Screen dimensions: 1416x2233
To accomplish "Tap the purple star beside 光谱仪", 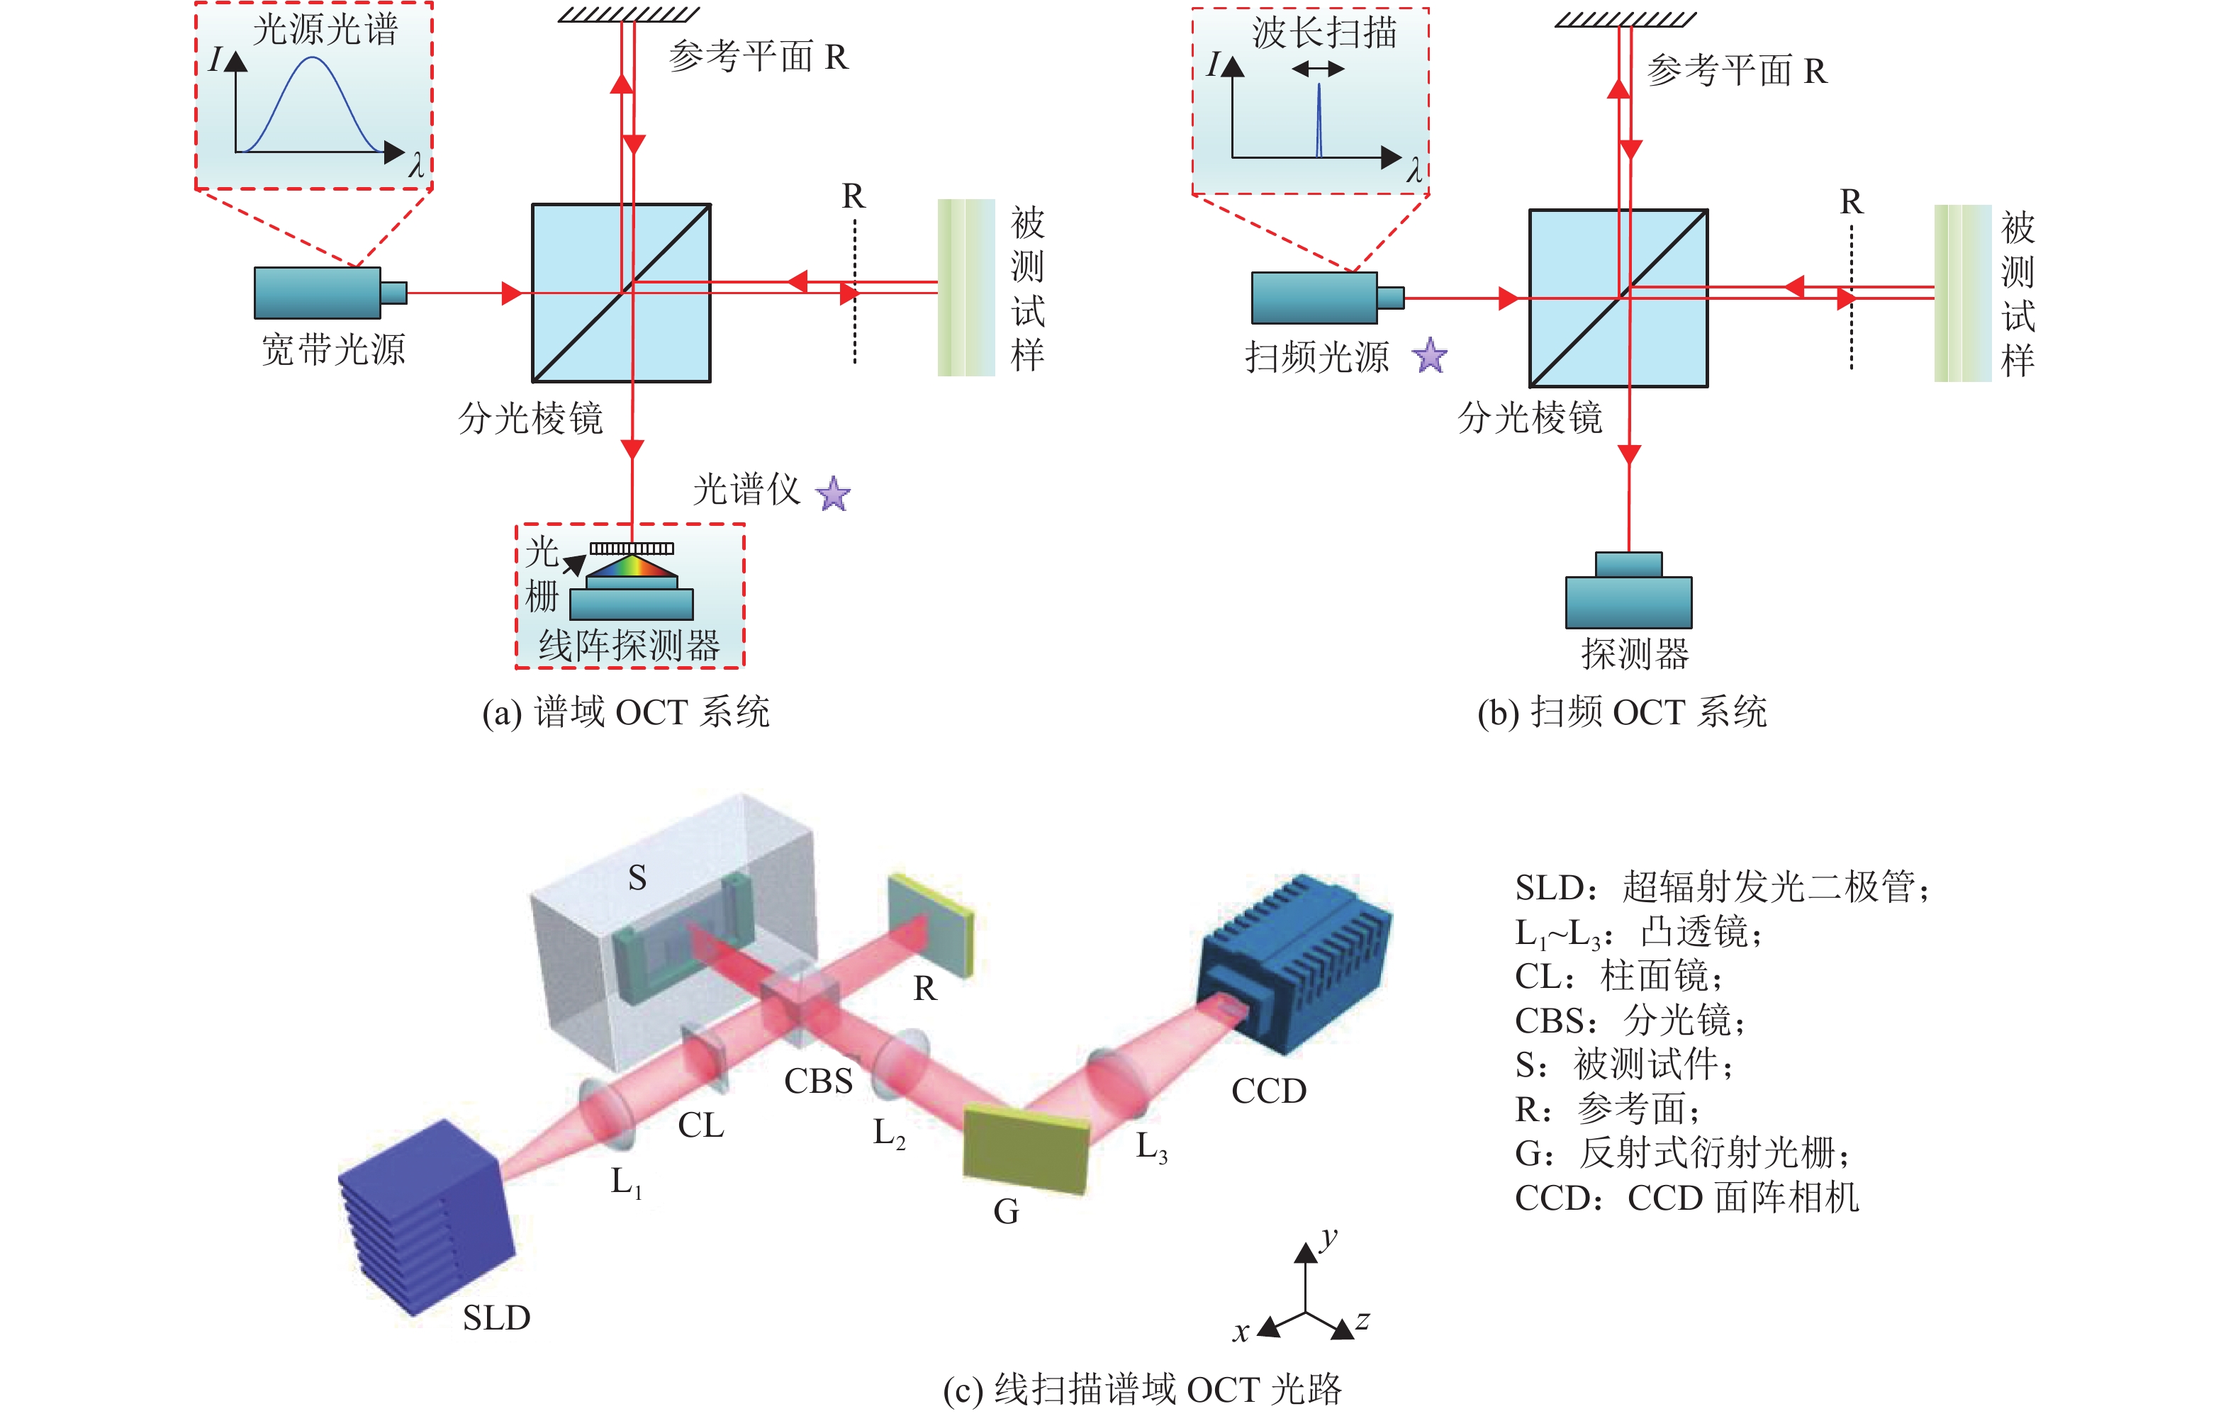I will pyautogui.click(x=834, y=493).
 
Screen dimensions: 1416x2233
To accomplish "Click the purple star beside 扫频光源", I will pyautogui.click(x=1430, y=355).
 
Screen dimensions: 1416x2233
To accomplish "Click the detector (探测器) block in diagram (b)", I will pyautogui.click(x=1628, y=593).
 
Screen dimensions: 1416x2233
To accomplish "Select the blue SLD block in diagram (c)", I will pyautogui.click(x=427, y=1215).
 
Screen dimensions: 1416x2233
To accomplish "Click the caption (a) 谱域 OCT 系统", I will pyautogui.click(x=626, y=712).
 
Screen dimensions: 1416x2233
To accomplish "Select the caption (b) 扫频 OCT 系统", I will pyautogui.click(x=1622, y=712).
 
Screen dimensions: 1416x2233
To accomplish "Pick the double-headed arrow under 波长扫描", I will pyautogui.click(x=1318, y=69).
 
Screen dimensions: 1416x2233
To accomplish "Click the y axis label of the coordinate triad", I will pyautogui.click(x=1330, y=1238).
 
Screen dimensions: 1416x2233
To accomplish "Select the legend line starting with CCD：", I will pyautogui.click(x=1687, y=1197).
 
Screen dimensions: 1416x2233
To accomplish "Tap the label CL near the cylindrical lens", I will pyautogui.click(x=700, y=1125).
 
